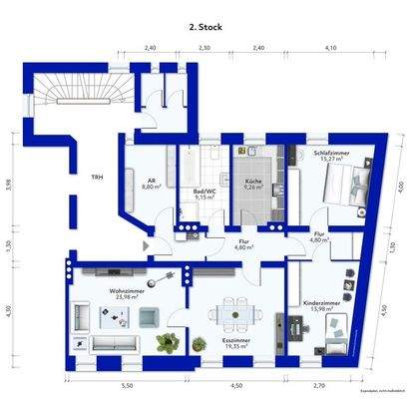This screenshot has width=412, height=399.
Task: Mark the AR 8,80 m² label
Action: (x=153, y=182)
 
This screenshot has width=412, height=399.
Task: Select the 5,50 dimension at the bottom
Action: (x=127, y=384)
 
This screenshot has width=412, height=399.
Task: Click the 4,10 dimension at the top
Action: (x=330, y=47)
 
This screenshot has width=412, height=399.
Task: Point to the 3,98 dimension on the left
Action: (x=8, y=184)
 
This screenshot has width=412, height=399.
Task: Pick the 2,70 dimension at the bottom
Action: (x=318, y=384)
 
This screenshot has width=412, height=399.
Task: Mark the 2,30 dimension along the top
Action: (x=204, y=47)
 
